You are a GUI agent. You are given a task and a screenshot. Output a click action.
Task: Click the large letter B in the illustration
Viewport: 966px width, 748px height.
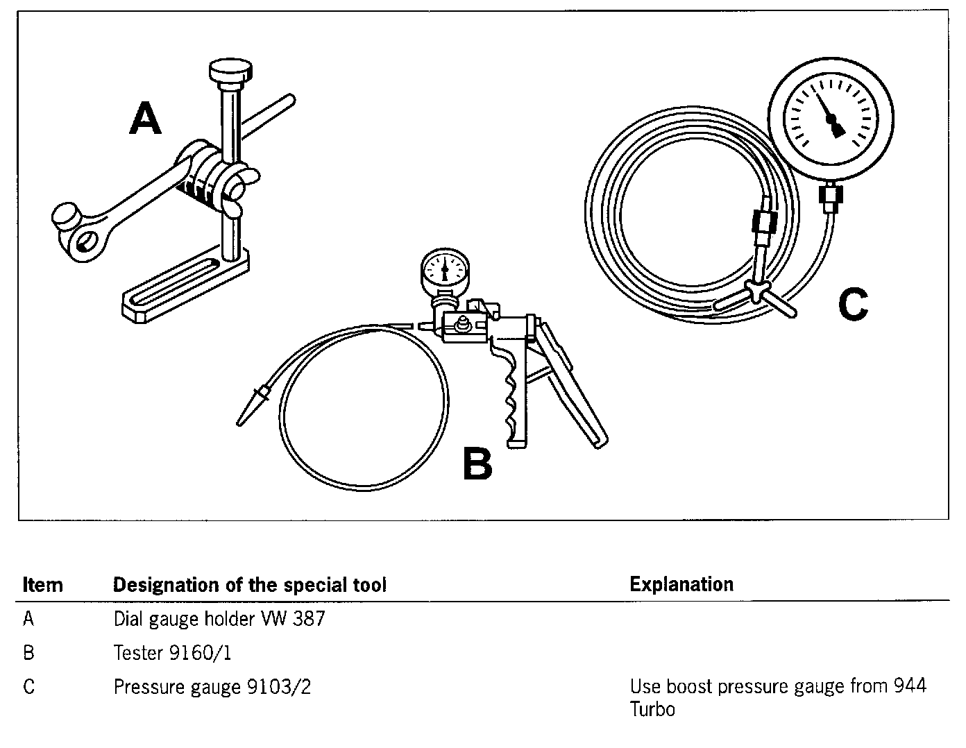pyautogui.click(x=477, y=464)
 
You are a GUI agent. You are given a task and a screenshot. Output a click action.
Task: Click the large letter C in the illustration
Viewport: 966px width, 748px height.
pyautogui.click(x=853, y=305)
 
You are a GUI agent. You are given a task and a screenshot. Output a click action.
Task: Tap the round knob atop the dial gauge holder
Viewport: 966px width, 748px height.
pyautogui.click(x=231, y=71)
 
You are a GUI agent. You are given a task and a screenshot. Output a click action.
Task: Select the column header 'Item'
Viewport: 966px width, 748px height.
pyautogui.click(x=42, y=585)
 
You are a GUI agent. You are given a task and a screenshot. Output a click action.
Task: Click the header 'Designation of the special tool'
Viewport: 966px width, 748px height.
pyautogui.click(x=249, y=585)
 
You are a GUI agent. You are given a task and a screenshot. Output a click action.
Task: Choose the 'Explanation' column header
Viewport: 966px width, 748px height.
pyautogui.click(x=681, y=584)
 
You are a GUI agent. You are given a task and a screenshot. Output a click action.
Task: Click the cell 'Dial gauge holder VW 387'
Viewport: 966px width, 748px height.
pyautogui.click(x=219, y=619)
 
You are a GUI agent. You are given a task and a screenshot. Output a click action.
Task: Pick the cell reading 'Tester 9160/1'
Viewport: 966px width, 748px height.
pyautogui.click(x=172, y=653)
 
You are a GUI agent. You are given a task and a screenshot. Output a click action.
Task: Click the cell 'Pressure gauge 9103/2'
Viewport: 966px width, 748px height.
pyautogui.click(x=212, y=687)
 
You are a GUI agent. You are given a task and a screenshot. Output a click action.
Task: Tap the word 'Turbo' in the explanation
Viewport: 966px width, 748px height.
pyautogui.click(x=652, y=710)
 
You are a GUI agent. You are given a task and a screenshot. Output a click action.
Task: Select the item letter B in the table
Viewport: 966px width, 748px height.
pyautogui.click(x=28, y=653)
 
